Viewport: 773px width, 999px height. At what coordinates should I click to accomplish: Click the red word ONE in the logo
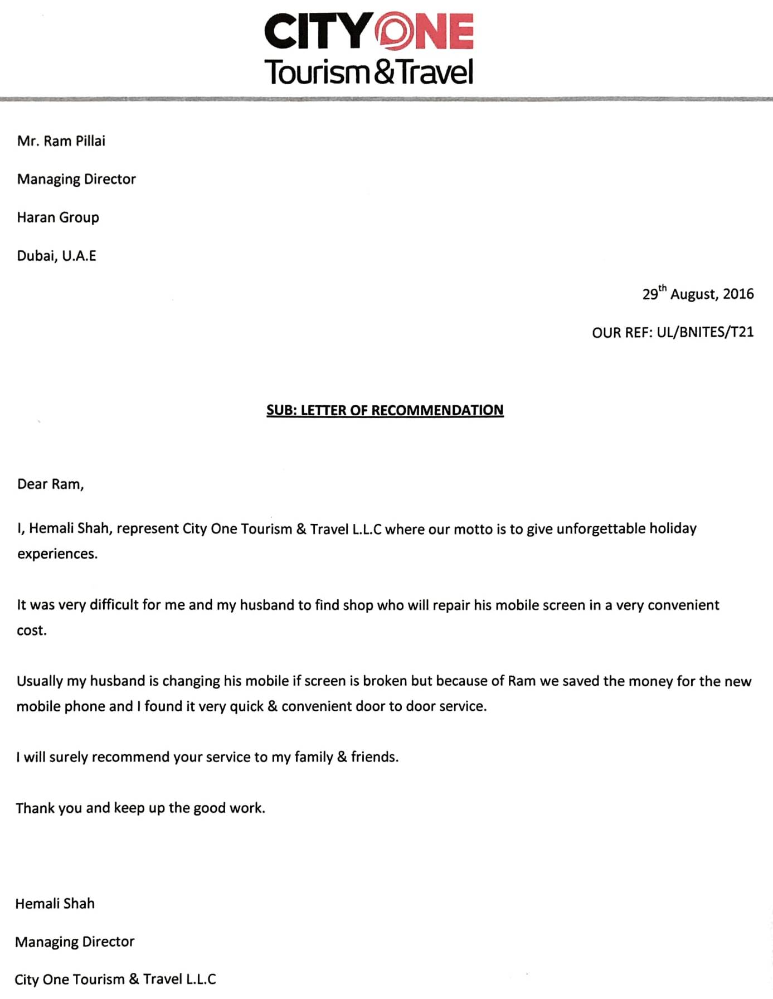point(425,31)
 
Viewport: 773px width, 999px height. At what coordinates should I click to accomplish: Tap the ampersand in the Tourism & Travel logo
point(384,72)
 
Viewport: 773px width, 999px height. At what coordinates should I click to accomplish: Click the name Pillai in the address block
point(90,141)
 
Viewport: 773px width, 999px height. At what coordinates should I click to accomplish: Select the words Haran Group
point(58,217)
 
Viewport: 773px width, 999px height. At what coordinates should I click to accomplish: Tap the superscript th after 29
point(662,288)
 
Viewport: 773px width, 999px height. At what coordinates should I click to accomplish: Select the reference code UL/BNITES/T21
point(705,332)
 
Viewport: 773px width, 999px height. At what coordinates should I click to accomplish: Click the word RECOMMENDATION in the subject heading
point(437,410)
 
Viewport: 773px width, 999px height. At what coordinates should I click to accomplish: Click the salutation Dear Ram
point(50,484)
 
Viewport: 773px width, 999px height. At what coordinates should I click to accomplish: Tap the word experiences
point(57,554)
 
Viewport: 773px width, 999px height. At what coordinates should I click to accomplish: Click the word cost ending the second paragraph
point(31,631)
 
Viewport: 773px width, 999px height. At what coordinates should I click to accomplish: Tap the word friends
point(374,757)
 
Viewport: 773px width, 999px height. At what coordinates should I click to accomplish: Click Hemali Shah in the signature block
point(55,904)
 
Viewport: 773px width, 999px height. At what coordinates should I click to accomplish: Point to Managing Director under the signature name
point(75,942)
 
